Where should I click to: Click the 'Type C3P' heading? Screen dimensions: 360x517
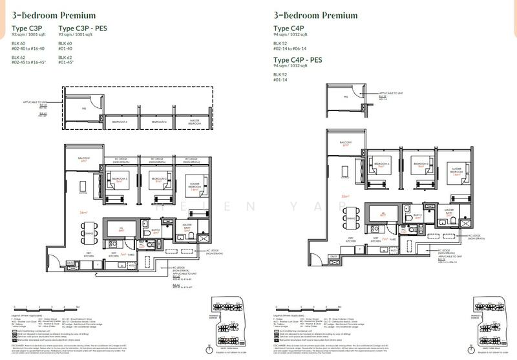tap(27, 28)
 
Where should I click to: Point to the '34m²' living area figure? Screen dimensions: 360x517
tap(83, 211)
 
